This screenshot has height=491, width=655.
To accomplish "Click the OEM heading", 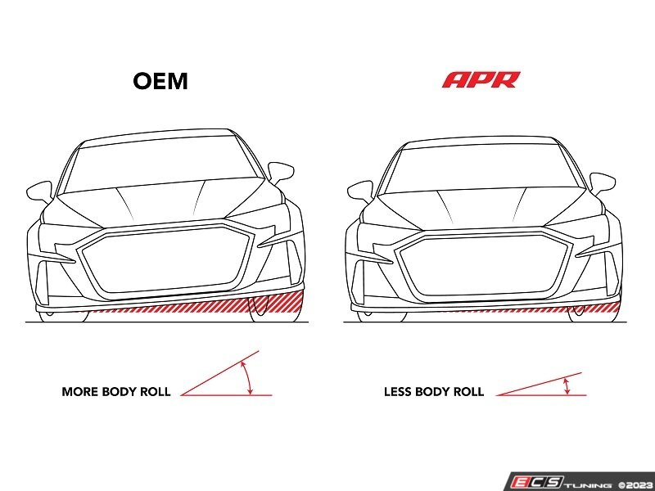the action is tap(160, 81).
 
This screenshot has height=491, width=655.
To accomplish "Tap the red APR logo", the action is tap(481, 79).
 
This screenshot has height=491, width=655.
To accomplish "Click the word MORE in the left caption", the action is tap(79, 392).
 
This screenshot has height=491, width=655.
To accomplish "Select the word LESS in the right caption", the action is tap(397, 392).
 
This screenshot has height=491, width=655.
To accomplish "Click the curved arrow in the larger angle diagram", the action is tap(248, 378).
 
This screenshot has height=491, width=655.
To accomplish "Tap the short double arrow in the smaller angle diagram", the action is tap(567, 386).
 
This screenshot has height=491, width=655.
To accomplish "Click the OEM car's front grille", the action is tap(165, 261).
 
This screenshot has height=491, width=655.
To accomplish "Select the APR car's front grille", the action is tap(483, 268).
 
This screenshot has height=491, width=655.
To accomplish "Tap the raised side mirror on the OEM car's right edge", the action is tap(281, 172).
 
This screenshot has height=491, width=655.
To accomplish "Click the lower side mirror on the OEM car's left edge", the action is tap(39, 192).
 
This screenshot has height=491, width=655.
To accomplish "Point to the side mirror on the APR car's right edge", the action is tap(602, 183).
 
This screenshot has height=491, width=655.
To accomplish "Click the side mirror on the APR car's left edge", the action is tap(360, 191).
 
